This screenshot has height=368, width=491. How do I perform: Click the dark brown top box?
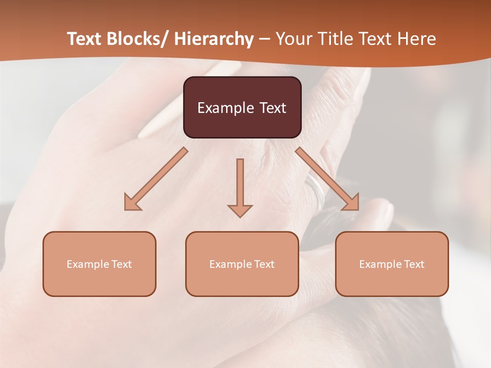coord(242,107)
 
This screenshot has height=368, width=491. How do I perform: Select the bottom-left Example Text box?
coord(99,264)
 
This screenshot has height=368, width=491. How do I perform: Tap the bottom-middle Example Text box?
coord(242,264)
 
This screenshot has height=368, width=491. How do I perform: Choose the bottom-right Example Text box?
coord(392,264)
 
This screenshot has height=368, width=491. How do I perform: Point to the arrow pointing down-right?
coord(327,179)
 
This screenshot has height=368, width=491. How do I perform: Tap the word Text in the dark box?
coord(272,108)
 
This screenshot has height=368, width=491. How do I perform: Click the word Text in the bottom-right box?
coord(413,264)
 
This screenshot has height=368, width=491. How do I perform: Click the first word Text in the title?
coord(85,39)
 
